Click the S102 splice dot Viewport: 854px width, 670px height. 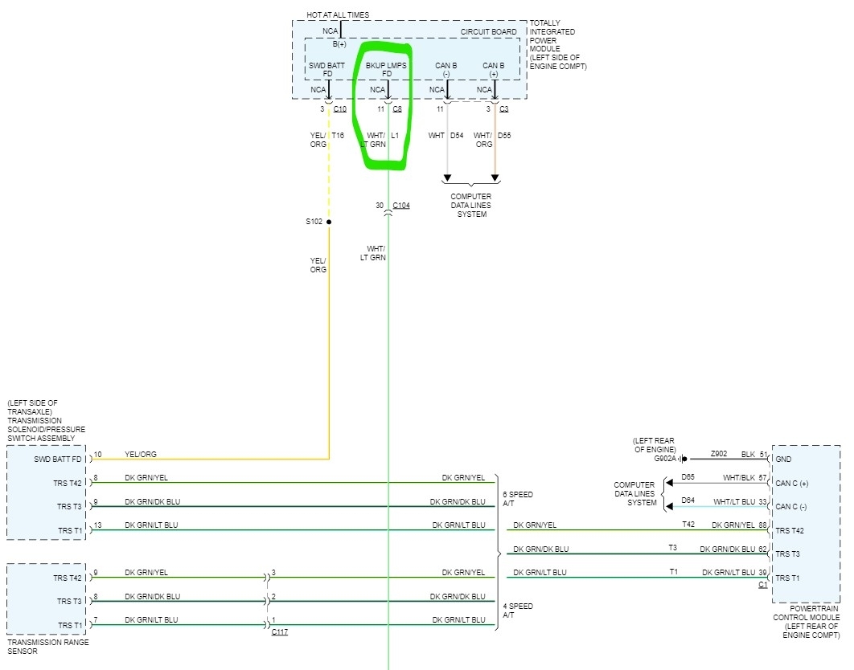(329, 222)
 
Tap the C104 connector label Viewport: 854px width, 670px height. (401, 206)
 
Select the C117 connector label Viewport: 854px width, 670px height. (280, 632)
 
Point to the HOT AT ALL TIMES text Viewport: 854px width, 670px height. (338, 14)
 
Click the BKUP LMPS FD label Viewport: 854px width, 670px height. (387, 69)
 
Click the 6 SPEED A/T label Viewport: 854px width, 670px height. (517, 499)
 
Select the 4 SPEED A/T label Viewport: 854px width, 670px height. (517, 611)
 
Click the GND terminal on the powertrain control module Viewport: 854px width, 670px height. (784, 460)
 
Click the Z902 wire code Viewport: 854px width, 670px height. (719, 454)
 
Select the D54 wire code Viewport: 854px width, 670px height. (457, 136)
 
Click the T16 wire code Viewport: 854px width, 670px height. (338, 136)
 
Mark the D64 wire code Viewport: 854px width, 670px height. (688, 500)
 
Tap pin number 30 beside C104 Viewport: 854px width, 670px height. (380, 206)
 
